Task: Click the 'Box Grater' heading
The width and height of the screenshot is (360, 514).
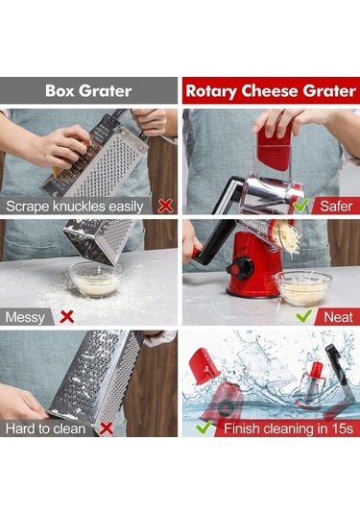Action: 88,91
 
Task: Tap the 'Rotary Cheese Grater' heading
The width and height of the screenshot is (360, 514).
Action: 271,91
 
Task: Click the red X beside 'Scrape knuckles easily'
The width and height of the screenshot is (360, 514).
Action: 165,207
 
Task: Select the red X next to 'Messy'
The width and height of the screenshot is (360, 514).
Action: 67,317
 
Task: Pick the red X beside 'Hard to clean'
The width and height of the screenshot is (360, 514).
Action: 107,428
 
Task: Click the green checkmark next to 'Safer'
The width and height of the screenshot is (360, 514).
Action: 301,205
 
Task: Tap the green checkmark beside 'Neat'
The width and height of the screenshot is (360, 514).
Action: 303,316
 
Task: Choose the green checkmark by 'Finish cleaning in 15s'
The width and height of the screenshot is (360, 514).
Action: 204,428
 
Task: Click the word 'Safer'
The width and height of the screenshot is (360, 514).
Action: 336,207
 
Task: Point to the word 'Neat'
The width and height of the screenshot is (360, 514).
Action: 338,317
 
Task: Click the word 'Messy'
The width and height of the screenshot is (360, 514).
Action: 25,318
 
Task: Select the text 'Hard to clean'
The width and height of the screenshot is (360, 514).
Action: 45,428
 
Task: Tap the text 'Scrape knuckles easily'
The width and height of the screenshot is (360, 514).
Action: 75,207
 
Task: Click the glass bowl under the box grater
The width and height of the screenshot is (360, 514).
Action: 96,279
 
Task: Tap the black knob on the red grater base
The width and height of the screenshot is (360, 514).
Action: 240,268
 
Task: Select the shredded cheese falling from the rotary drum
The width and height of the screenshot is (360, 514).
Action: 286,237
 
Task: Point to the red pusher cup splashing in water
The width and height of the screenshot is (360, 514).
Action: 205,366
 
